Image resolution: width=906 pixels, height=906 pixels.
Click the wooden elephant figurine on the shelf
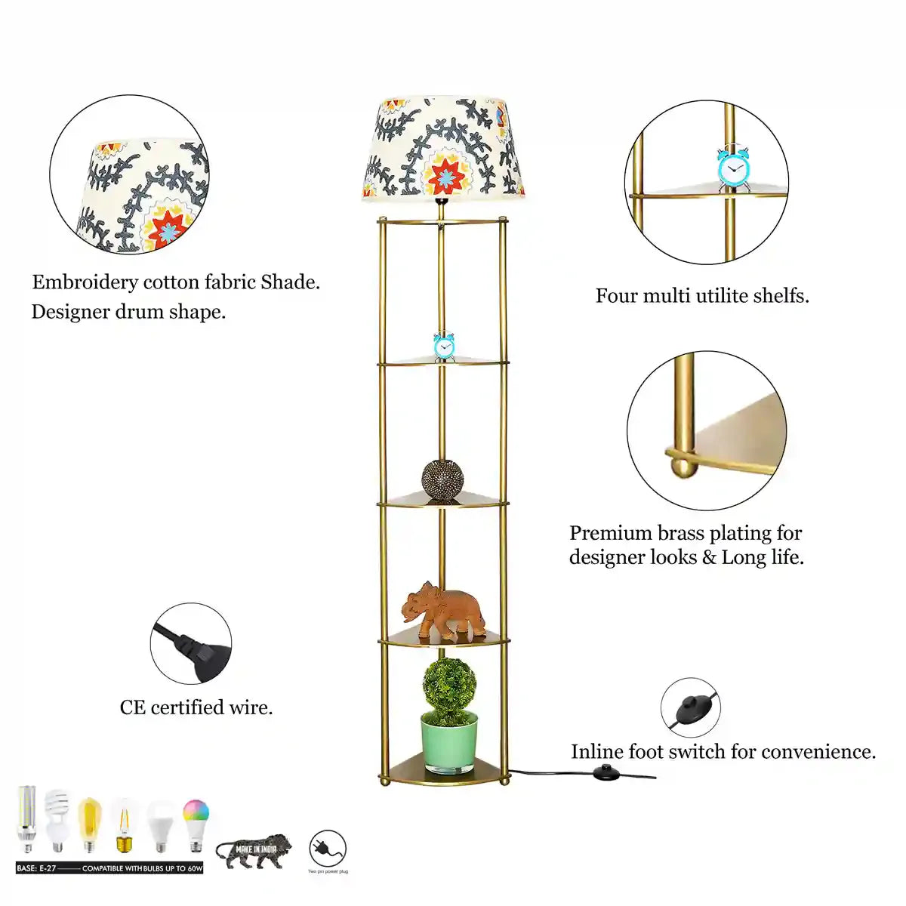pyautogui.click(x=442, y=607)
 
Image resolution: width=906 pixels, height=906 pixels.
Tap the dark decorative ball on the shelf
pyautogui.click(x=442, y=478)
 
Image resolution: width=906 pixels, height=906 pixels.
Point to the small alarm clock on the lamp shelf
pyautogui.click(x=443, y=346)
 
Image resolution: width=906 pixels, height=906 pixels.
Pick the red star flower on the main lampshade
pyautogui.click(x=447, y=174)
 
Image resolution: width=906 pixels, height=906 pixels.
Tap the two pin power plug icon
pyautogui.click(x=328, y=849)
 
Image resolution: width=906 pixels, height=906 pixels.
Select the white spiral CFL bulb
pyautogui.click(x=57, y=819)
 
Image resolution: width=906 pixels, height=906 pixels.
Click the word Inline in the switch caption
pyautogui.click(x=596, y=752)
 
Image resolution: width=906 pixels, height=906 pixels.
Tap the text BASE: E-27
pyautogui.click(x=36, y=869)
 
